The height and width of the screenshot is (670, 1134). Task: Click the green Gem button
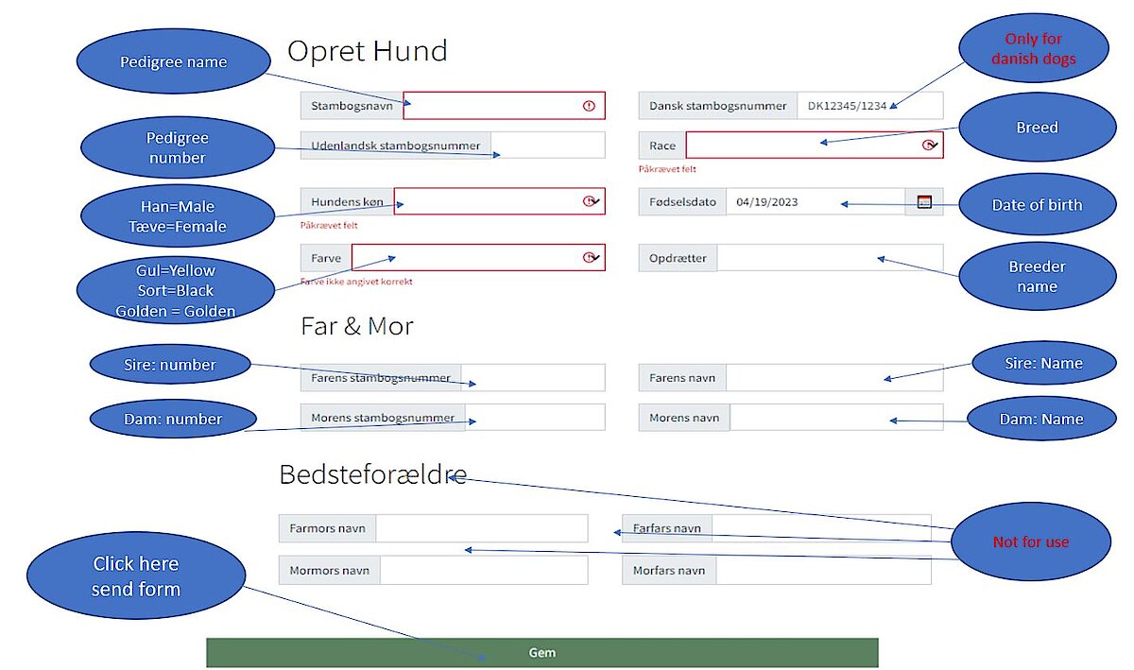[542, 652]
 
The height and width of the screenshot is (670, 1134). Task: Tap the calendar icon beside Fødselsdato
[924, 201]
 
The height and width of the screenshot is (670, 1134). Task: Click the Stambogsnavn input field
[504, 105]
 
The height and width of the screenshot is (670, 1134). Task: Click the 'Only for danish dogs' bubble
[1033, 48]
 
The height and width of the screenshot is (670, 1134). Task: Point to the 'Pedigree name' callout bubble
[174, 61]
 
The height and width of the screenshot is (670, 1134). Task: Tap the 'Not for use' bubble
[1031, 541]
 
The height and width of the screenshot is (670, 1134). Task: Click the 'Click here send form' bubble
[136, 576]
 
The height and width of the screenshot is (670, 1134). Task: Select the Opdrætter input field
[830, 258]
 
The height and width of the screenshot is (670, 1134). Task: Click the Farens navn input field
[834, 378]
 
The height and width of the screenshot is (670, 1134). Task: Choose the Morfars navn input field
[823, 570]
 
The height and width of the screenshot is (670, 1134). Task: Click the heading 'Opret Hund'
[367, 51]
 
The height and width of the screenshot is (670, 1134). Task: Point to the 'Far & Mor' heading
[357, 326]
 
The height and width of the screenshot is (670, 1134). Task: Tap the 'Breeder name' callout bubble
[1038, 277]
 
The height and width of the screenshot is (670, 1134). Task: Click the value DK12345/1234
[847, 106]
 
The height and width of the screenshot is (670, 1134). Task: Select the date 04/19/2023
[766, 202]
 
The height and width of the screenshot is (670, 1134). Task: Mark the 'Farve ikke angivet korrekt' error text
[356, 282]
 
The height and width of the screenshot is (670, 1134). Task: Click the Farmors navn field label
[327, 528]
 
